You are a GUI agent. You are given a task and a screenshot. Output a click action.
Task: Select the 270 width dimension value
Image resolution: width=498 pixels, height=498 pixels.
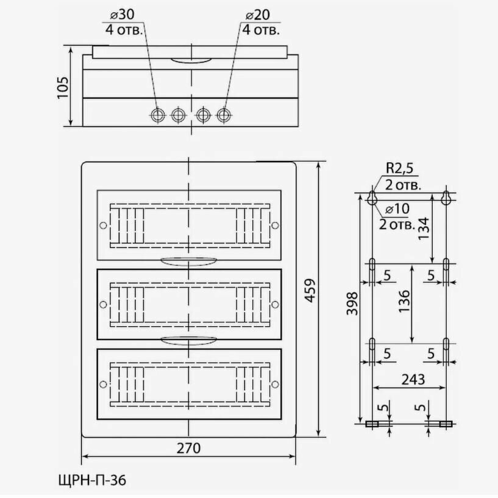tap(188, 447)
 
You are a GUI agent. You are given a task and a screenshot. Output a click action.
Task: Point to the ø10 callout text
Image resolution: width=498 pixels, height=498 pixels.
tap(399, 208)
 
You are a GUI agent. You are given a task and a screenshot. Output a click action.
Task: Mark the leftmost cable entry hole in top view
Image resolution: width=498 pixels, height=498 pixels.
tap(158, 114)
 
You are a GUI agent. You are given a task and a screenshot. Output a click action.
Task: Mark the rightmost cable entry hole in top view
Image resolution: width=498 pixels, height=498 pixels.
tap(224, 114)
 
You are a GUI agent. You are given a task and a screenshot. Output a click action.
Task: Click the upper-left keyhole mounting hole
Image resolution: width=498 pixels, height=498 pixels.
tap(372, 197)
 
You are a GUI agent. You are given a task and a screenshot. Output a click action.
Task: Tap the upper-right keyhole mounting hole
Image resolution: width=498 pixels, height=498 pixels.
tap(446, 197)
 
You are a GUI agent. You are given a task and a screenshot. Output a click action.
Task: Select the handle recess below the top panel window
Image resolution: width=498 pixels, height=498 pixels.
tap(188, 261)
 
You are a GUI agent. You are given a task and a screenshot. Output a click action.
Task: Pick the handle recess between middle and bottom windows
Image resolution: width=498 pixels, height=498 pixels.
tap(188, 339)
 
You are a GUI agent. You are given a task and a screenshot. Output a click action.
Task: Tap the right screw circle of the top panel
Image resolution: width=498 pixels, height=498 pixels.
tap(274, 226)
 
